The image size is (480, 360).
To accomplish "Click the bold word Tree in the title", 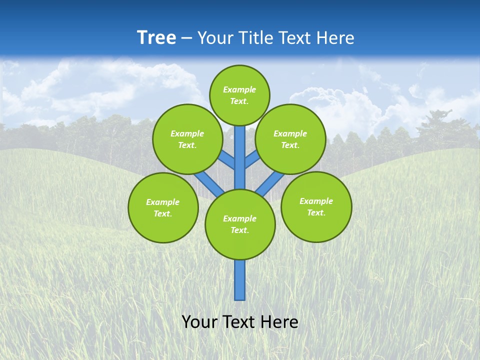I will click(x=156, y=38).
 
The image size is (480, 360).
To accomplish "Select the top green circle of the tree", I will click(x=239, y=95).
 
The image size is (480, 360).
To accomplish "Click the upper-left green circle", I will click(x=187, y=139).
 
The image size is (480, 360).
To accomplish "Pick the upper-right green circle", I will click(x=290, y=139).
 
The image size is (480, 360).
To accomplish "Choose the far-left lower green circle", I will click(x=163, y=207).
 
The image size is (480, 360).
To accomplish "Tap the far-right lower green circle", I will click(x=316, y=206).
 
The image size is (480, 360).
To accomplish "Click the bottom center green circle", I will click(x=240, y=224).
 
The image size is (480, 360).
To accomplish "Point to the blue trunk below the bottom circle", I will click(x=240, y=280).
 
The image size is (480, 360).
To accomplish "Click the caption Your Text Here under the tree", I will click(x=240, y=322).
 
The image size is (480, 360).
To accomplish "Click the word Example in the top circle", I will click(x=239, y=89).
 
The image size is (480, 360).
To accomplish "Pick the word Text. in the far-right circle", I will click(x=316, y=212).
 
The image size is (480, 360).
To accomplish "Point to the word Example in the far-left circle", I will click(x=162, y=202).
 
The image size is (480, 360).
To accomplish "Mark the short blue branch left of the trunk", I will click(x=227, y=159).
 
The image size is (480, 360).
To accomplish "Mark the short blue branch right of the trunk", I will click(x=252, y=159).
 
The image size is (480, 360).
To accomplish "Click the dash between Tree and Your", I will click(x=187, y=38).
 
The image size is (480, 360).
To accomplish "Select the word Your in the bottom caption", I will click(x=200, y=322).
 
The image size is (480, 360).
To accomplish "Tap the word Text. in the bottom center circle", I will click(x=239, y=230).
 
